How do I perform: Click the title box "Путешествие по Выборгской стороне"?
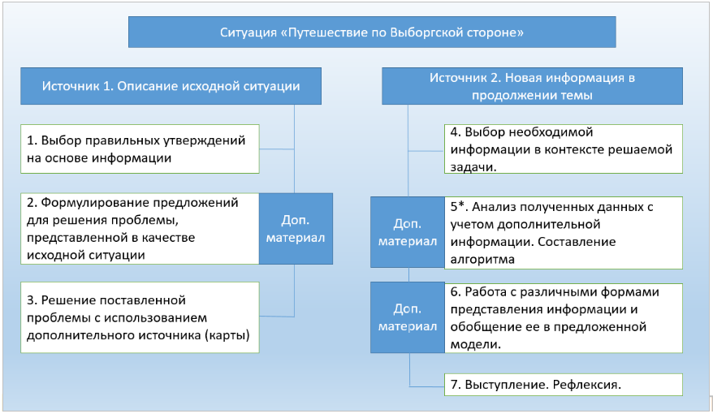372,32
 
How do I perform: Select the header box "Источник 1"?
171,86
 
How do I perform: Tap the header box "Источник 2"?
532,87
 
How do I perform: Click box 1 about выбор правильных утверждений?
140,149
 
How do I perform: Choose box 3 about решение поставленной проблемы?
140,317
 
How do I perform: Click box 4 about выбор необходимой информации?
563,149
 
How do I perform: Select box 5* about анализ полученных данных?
563,232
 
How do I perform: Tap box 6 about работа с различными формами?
563,317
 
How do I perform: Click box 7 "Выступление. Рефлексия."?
563,384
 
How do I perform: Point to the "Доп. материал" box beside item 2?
296,228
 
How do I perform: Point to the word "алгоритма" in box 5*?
478,259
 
